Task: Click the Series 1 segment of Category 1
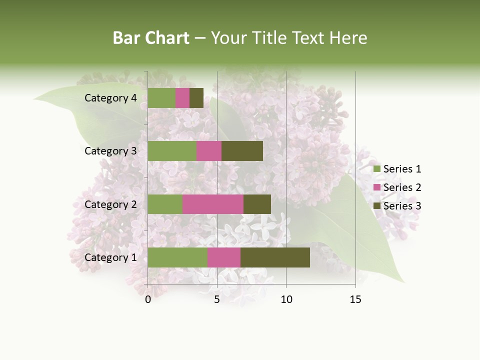[177, 257]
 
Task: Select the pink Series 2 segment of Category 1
[223, 257]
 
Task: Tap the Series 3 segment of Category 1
[275, 257]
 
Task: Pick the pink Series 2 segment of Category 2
[212, 204]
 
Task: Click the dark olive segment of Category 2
[257, 204]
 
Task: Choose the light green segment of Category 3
[172, 151]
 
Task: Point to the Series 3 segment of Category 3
[242, 151]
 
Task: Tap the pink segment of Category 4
[182, 98]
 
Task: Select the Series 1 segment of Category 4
[161, 98]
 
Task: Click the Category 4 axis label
[110, 98]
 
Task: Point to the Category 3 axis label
[110, 151]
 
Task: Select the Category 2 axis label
[110, 204]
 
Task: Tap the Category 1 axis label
[110, 257]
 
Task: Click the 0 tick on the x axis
[148, 299]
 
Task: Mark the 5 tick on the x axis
[217, 299]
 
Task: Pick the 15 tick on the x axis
[355, 299]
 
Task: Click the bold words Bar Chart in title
[151, 38]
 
